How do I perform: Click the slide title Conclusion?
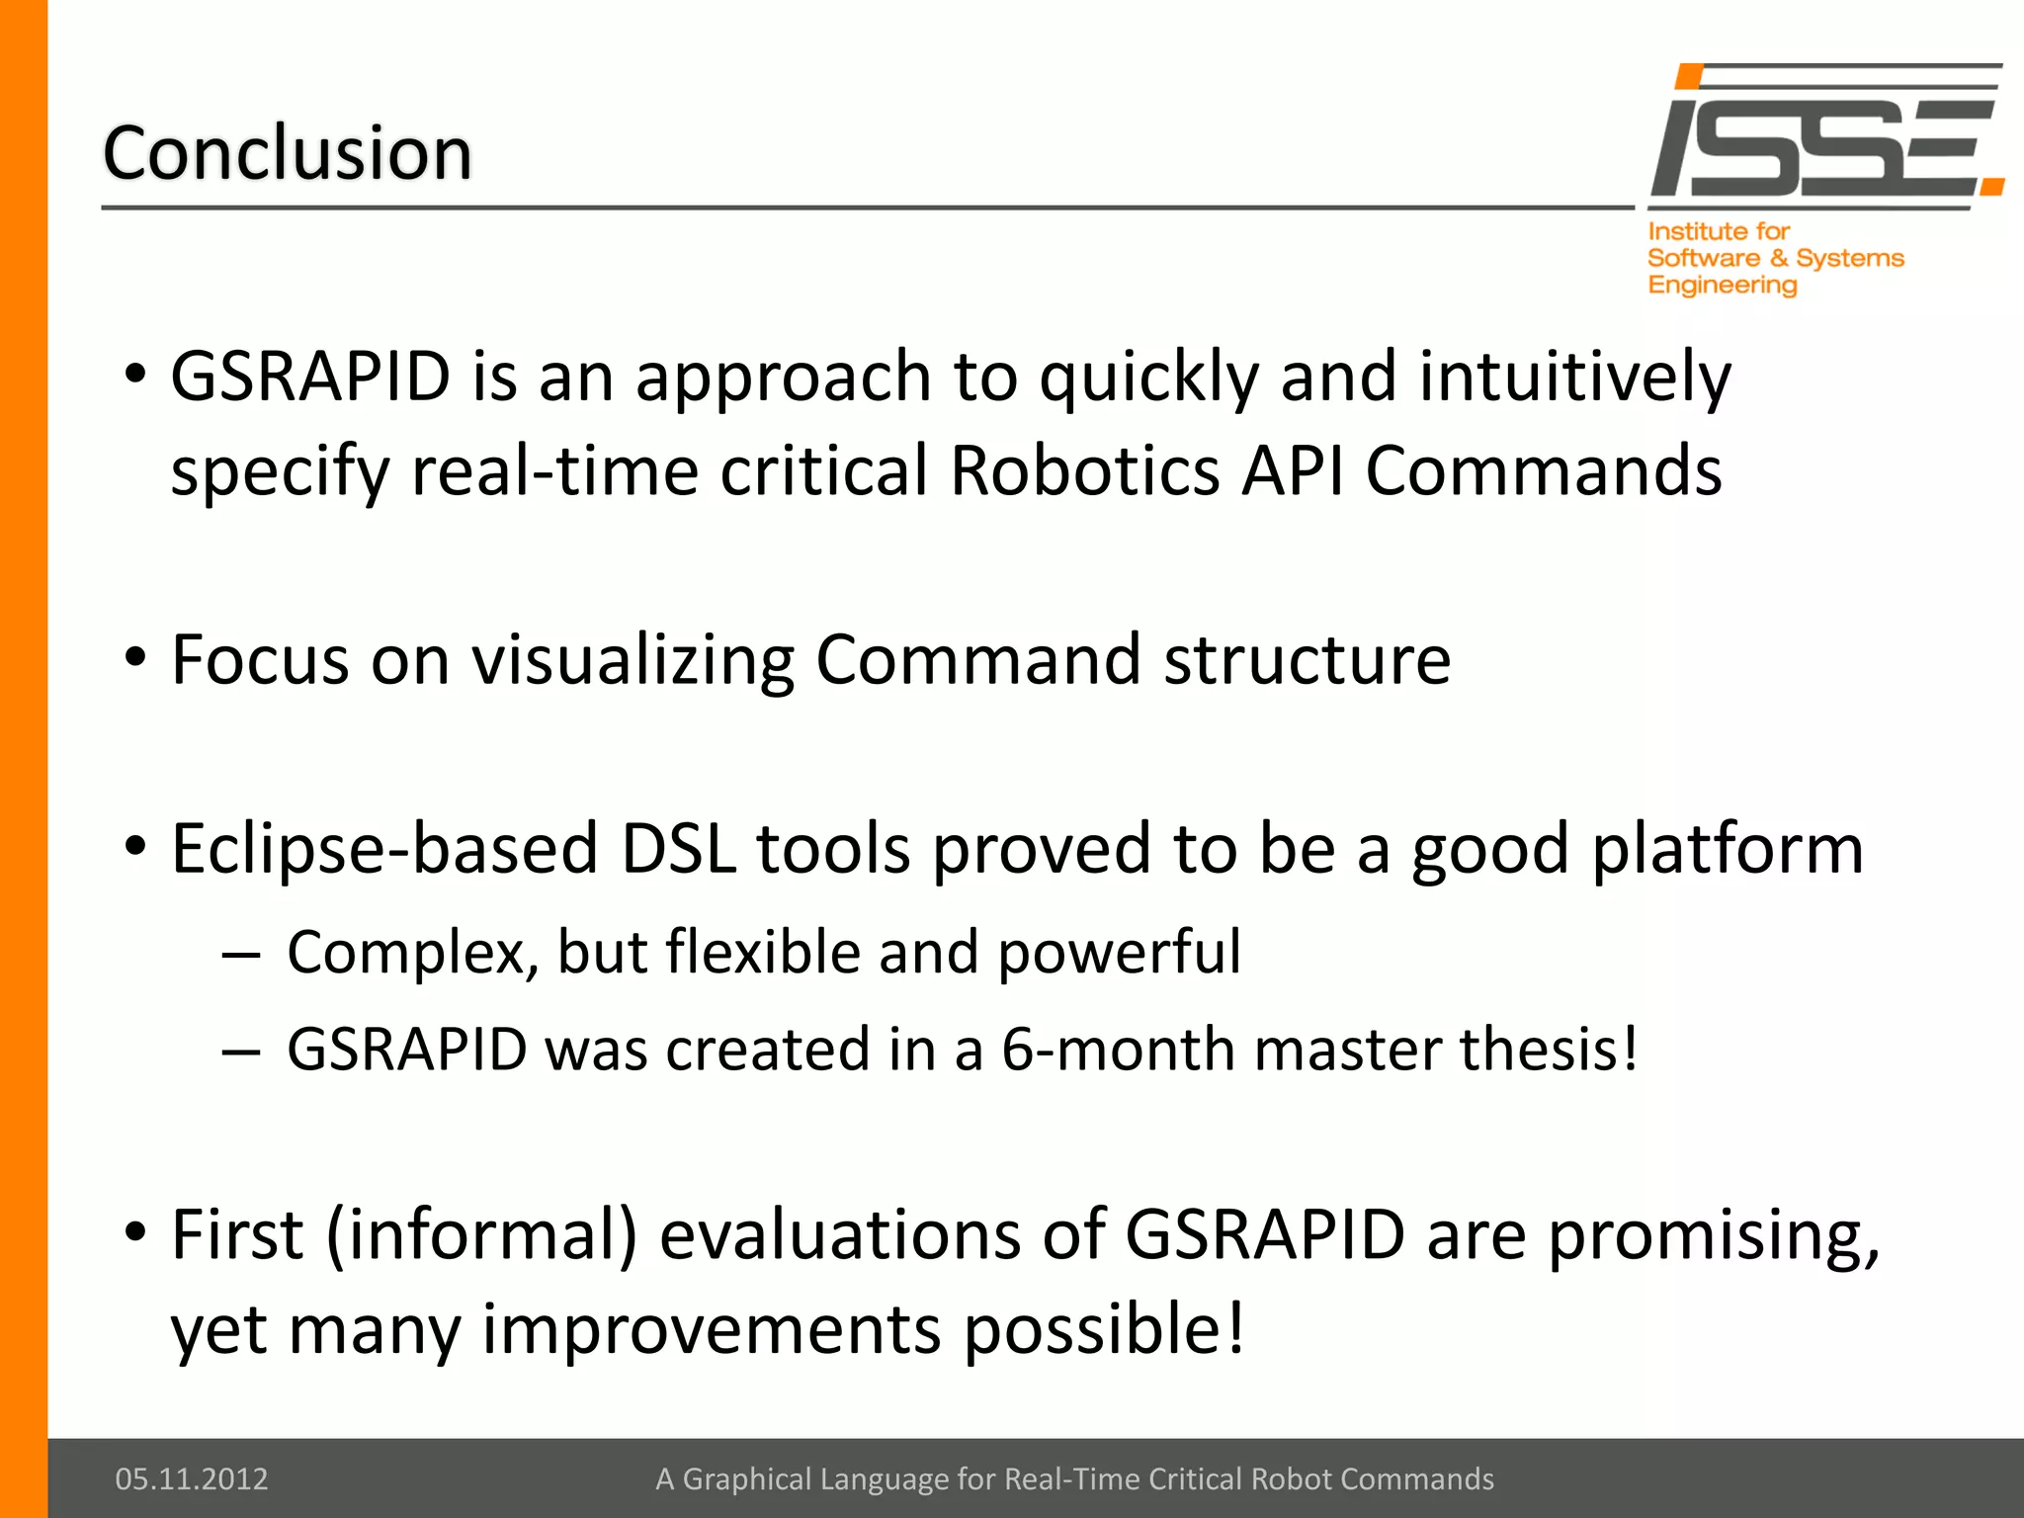pyautogui.click(x=288, y=154)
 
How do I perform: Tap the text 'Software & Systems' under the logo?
pyautogui.click(x=1775, y=258)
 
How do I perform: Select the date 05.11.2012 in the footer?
pyautogui.click(x=192, y=1478)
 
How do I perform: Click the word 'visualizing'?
pyautogui.click(x=632, y=659)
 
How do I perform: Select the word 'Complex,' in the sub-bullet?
pyautogui.click(x=412, y=953)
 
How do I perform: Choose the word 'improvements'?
pyautogui.click(x=712, y=1329)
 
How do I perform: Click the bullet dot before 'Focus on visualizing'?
pyautogui.click(x=136, y=657)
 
